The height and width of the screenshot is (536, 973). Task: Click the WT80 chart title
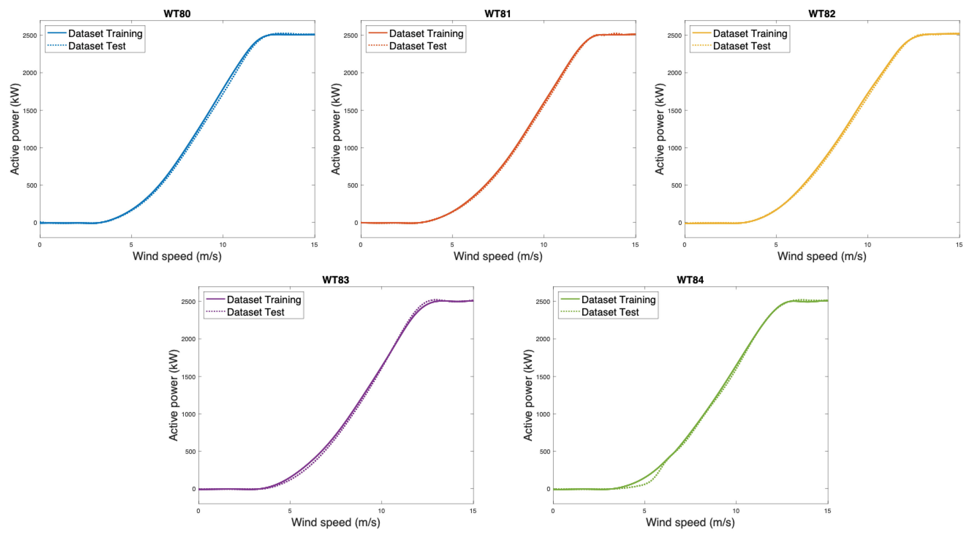pyautogui.click(x=177, y=14)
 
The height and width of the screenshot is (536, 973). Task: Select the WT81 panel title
pyautogui.click(x=497, y=14)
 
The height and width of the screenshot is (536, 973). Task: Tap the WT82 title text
pyautogui.click(x=822, y=14)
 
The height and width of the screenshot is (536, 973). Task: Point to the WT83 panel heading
pyautogui.click(x=336, y=280)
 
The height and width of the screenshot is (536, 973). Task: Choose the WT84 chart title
pyautogui.click(x=690, y=280)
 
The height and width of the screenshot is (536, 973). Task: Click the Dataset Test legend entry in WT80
pyautogui.click(x=97, y=46)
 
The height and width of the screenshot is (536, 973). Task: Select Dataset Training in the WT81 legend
pyautogui.click(x=426, y=34)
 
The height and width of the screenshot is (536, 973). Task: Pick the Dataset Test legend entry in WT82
pyautogui.click(x=741, y=46)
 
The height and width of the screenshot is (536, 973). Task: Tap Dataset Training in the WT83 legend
pyautogui.click(x=264, y=300)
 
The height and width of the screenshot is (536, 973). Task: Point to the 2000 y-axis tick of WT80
pyautogui.click(x=30, y=73)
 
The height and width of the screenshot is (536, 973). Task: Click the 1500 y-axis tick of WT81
pyautogui.click(x=350, y=111)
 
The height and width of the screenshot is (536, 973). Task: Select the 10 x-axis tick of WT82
pyautogui.click(x=868, y=245)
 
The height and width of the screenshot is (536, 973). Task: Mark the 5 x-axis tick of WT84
pyautogui.click(x=644, y=511)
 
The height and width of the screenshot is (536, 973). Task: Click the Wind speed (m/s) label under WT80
pyautogui.click(x=177, y=256)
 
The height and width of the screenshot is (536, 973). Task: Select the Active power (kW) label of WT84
pyautogui.click(x=528, y=395)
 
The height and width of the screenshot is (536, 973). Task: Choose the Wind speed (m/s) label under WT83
pyautogui.click(x=336, y=522)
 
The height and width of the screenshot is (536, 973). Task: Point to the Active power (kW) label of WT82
pyautogui.click(x=659, y=129)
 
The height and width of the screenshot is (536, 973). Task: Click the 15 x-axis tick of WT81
pyautogui.click(x=635, y=245)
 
